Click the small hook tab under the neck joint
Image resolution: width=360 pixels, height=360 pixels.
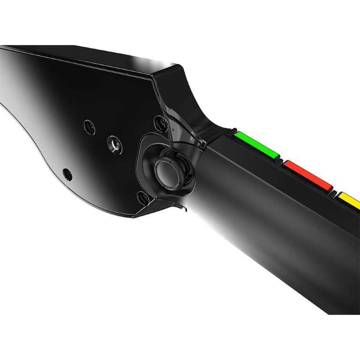coord(183,206)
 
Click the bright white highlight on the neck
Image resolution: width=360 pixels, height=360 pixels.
coord(211,206)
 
